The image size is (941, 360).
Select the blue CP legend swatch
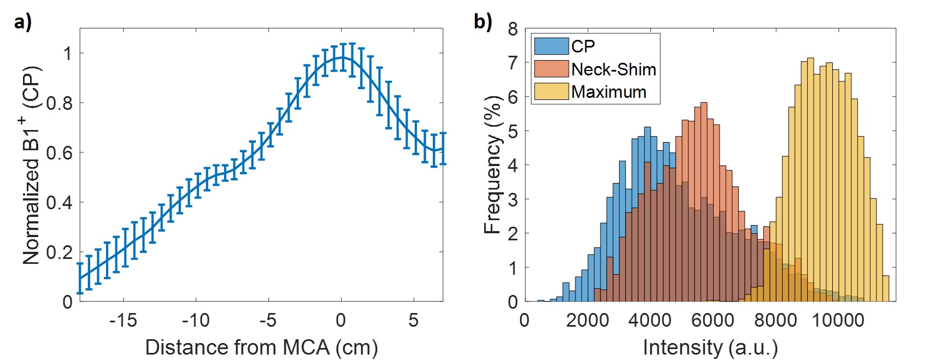click(x=551, y=46)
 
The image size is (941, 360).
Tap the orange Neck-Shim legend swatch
click(x=551, y=69)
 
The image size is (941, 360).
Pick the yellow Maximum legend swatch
click(x=551, y=91)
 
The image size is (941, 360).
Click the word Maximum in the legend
click(x=608, y=92)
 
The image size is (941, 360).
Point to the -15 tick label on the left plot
click(x=123, y=320)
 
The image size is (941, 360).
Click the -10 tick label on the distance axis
click(x=196, y=320)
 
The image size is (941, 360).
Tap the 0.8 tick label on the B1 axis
click(x=59, y=103)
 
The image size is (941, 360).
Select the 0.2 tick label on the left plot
click(x=59, y=252)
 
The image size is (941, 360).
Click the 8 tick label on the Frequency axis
click(x=513, y=29)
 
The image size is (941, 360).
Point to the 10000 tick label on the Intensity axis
click(x=838, y=320)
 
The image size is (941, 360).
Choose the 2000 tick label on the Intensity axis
click(x=587, y=320)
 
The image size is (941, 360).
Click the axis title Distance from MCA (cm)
click(x=261, y=347)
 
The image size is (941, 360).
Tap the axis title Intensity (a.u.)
click(x=710, y=347)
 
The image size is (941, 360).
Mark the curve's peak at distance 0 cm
click(x=342, y=57)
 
